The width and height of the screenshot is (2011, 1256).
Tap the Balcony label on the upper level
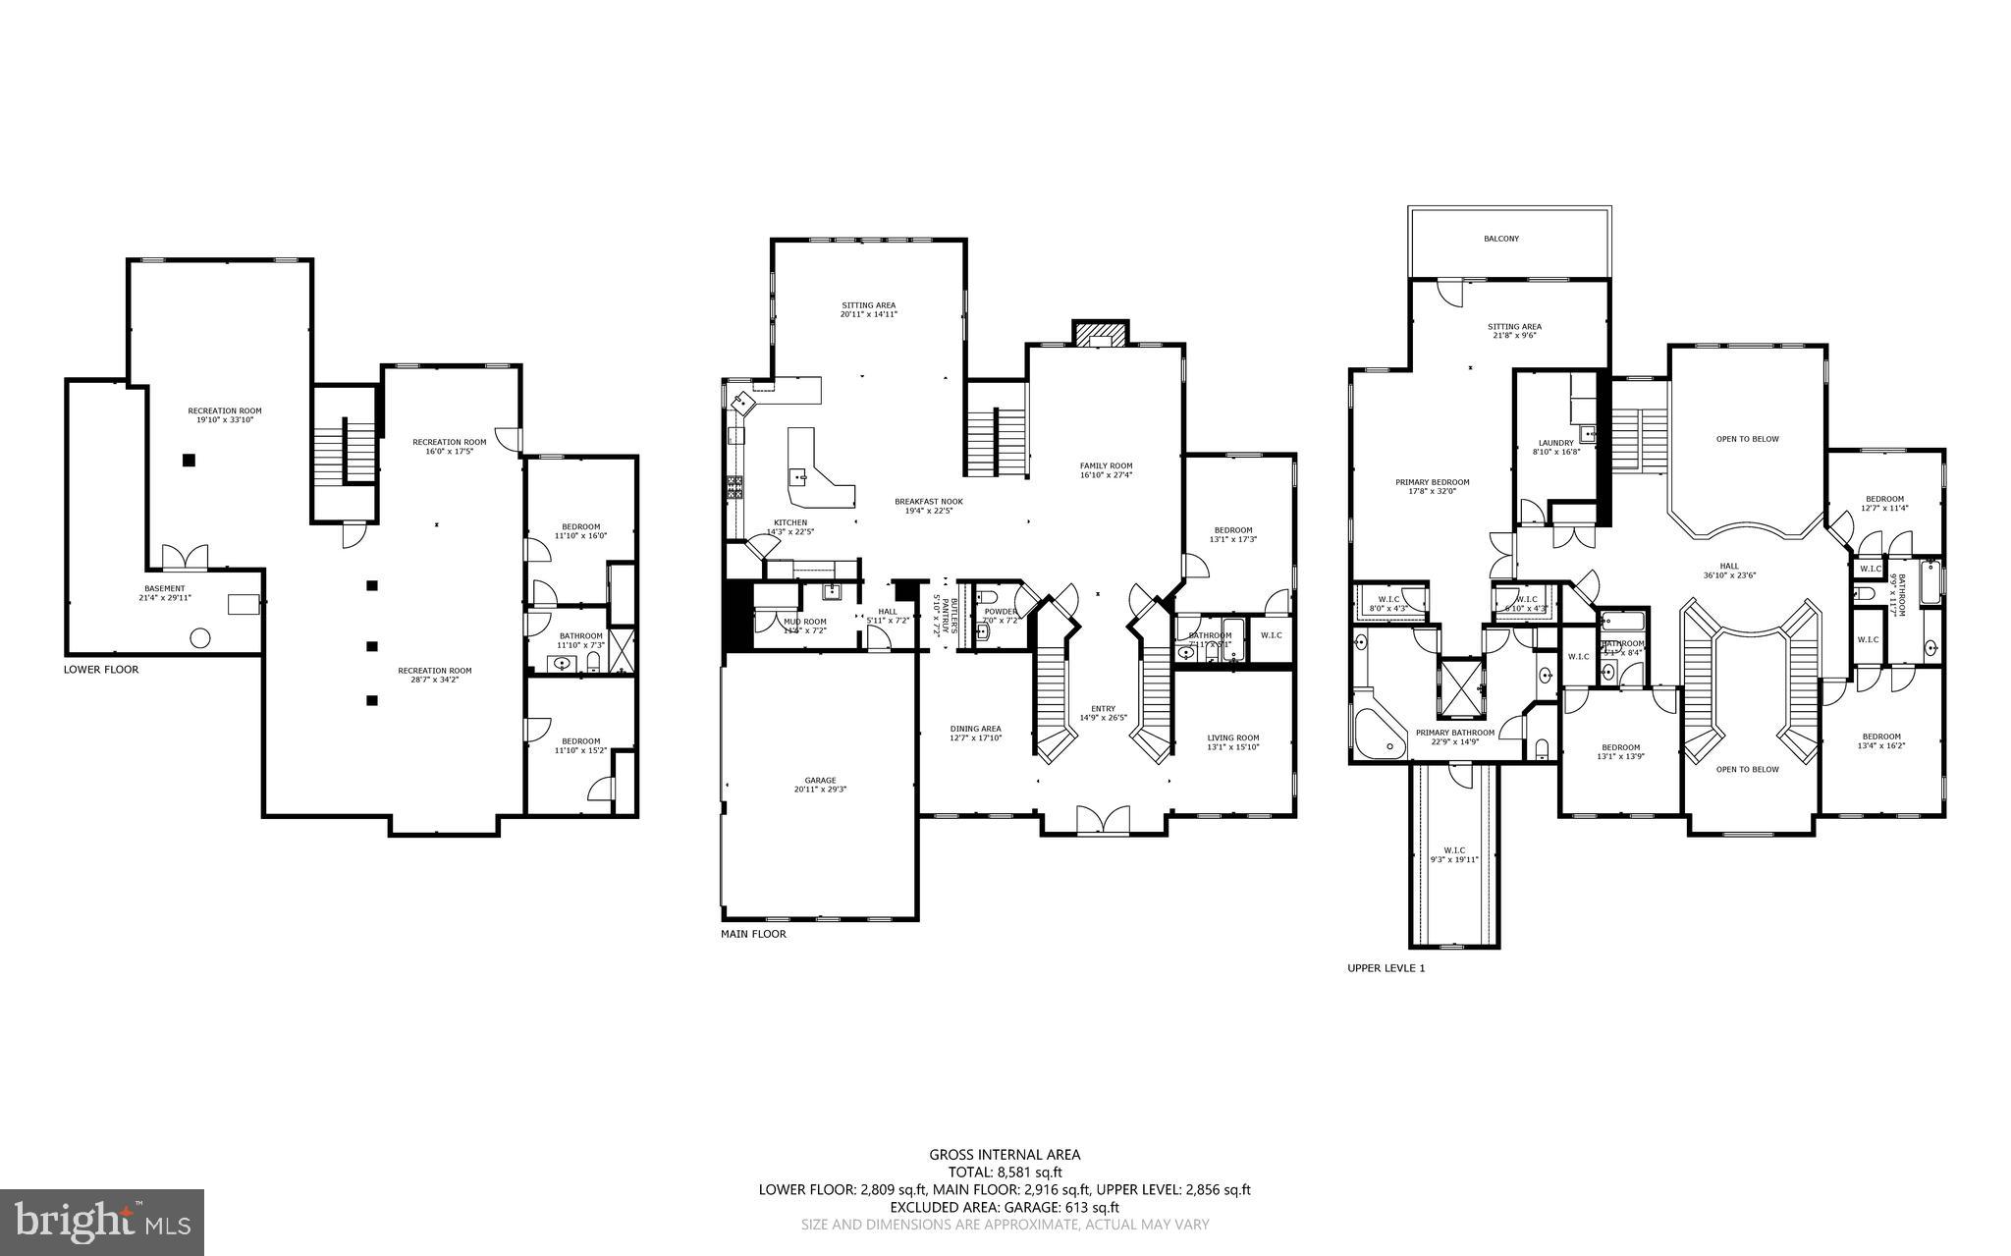point(1501,239)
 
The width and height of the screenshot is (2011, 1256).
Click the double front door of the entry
point(1104,820)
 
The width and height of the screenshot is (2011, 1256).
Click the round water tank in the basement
point(199,638)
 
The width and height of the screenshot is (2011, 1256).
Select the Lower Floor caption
point(101,670)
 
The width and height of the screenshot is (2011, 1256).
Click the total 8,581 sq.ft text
point(1005,1172)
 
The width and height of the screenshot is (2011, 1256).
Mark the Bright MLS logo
point(102,1222)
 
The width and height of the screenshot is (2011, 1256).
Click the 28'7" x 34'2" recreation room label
point(427,675)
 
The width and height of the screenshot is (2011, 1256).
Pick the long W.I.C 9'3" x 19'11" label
point(1454,854)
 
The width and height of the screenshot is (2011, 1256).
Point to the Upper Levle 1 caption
point(1385,968)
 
